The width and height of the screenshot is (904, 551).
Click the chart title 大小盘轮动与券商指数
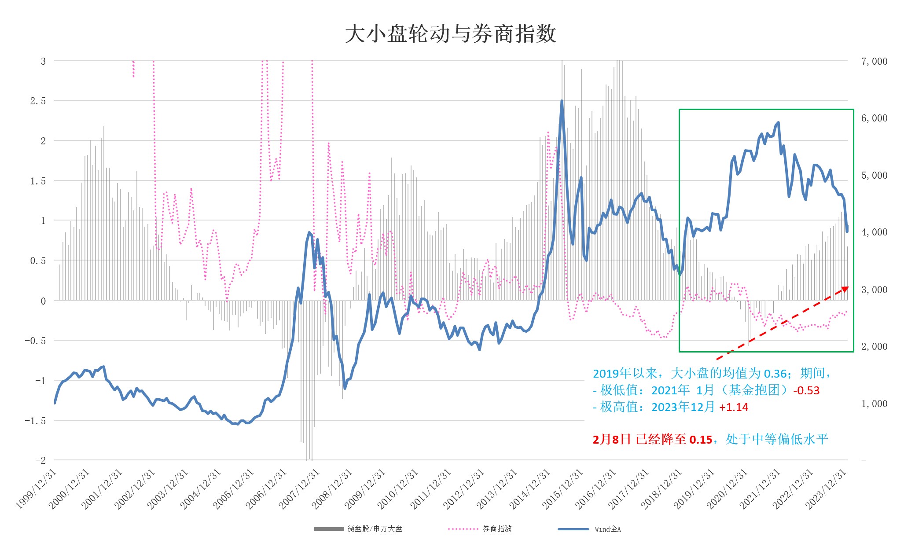450,34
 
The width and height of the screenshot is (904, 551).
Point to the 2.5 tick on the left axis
38,101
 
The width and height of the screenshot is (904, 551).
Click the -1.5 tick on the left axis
35,421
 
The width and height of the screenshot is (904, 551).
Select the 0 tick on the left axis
43,301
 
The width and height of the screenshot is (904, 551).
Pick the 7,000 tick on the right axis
874,61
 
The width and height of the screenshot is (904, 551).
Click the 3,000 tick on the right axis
874,290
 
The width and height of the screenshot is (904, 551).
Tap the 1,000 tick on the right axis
874,404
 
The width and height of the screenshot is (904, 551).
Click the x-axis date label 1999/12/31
37,489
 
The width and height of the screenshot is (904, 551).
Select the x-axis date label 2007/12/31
300,489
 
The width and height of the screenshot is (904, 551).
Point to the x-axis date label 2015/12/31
563,489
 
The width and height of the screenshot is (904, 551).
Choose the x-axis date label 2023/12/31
826,489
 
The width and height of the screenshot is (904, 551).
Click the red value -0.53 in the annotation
806,390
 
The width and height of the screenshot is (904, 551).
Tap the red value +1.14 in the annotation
734,407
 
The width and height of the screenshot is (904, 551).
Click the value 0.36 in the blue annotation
775,374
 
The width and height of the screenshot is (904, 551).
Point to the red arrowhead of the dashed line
845,289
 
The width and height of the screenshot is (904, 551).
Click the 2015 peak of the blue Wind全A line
562,101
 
